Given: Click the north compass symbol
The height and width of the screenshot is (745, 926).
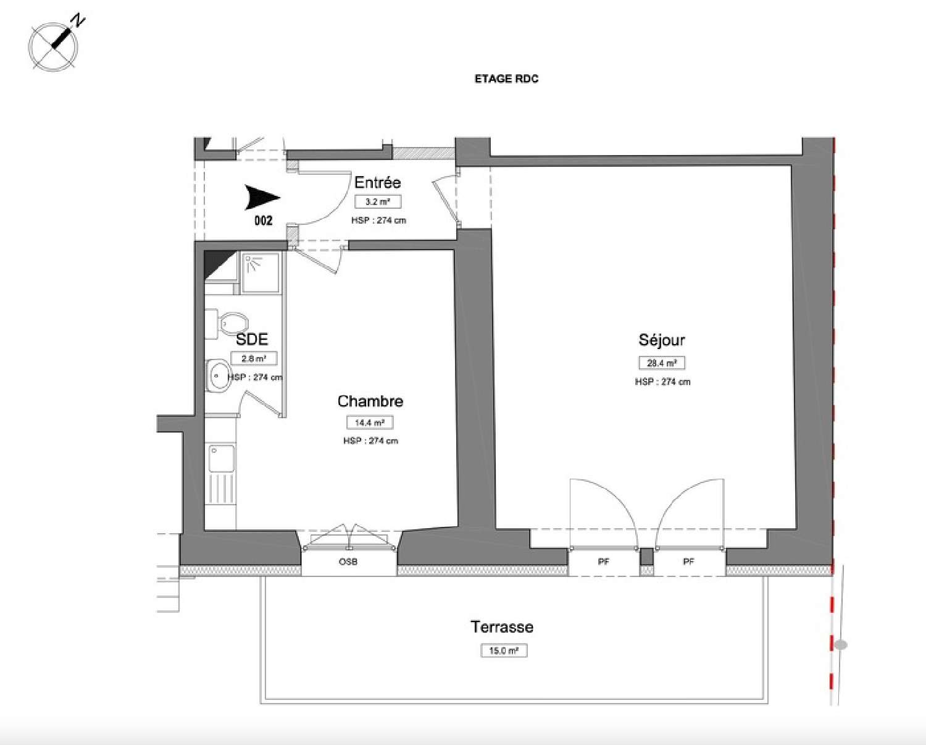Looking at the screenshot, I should (x=54, y=44).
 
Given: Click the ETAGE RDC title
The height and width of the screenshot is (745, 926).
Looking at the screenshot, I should (x=506, y=79).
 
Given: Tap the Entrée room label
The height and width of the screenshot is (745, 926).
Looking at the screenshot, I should (x=377, y=182).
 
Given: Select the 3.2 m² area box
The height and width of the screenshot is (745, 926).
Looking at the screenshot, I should (x=377, y=202).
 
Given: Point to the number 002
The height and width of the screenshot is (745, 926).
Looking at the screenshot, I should (x=263, y=221).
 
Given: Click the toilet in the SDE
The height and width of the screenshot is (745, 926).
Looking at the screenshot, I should (x=228, y=323).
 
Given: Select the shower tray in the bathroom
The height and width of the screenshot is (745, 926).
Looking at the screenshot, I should (x=260, y=272).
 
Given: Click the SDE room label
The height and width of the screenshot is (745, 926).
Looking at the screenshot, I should (x=252, y=339).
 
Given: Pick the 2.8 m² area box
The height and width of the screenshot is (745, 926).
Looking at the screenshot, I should (x=254, y=358).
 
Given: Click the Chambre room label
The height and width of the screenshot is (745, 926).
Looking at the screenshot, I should (x=370, y=402).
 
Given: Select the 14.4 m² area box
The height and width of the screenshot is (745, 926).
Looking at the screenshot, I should (x=370, y=423).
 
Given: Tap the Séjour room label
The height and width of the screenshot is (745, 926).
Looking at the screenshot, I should (x=662, y=340).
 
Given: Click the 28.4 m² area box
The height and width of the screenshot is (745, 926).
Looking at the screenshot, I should (x=662, y=363).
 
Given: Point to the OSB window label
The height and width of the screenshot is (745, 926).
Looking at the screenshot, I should (x=348, y=562).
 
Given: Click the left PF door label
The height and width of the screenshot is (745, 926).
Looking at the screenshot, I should (x=604, y=562).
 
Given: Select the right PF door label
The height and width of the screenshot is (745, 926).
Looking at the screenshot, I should (x=689, y=562).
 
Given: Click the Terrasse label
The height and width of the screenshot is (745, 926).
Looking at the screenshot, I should (x=502, y=627).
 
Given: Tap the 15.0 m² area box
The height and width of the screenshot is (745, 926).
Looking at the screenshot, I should (x=504, y=650).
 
